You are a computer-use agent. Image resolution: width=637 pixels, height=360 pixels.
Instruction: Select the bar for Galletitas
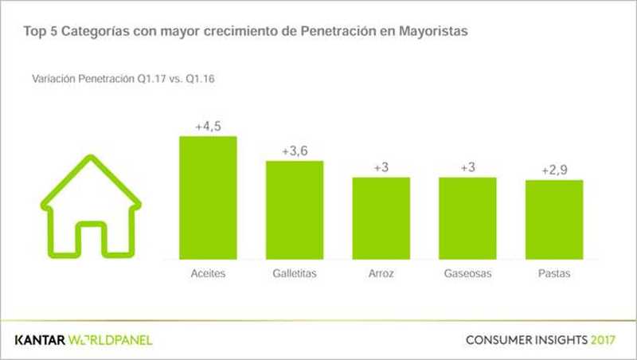294,210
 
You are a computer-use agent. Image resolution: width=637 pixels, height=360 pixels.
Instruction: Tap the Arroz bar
381,218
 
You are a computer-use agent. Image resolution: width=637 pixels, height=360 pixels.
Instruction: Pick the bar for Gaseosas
468,218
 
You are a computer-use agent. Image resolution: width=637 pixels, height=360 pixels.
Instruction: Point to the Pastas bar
554,220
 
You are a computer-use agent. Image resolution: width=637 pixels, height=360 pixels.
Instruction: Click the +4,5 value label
208,126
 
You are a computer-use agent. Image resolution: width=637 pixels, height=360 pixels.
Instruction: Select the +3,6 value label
295,151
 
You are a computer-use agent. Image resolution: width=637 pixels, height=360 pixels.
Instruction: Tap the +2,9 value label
555,170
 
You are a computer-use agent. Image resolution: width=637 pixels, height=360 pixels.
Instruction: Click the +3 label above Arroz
381,166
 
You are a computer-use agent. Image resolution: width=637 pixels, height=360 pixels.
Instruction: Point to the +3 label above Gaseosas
468,166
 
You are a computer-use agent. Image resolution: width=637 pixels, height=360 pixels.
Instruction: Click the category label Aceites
209,274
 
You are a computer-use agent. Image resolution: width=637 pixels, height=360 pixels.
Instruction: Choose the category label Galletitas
295,274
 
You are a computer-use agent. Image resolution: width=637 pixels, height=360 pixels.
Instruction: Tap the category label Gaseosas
468,274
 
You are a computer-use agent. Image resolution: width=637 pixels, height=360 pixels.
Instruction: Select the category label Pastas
555,274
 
